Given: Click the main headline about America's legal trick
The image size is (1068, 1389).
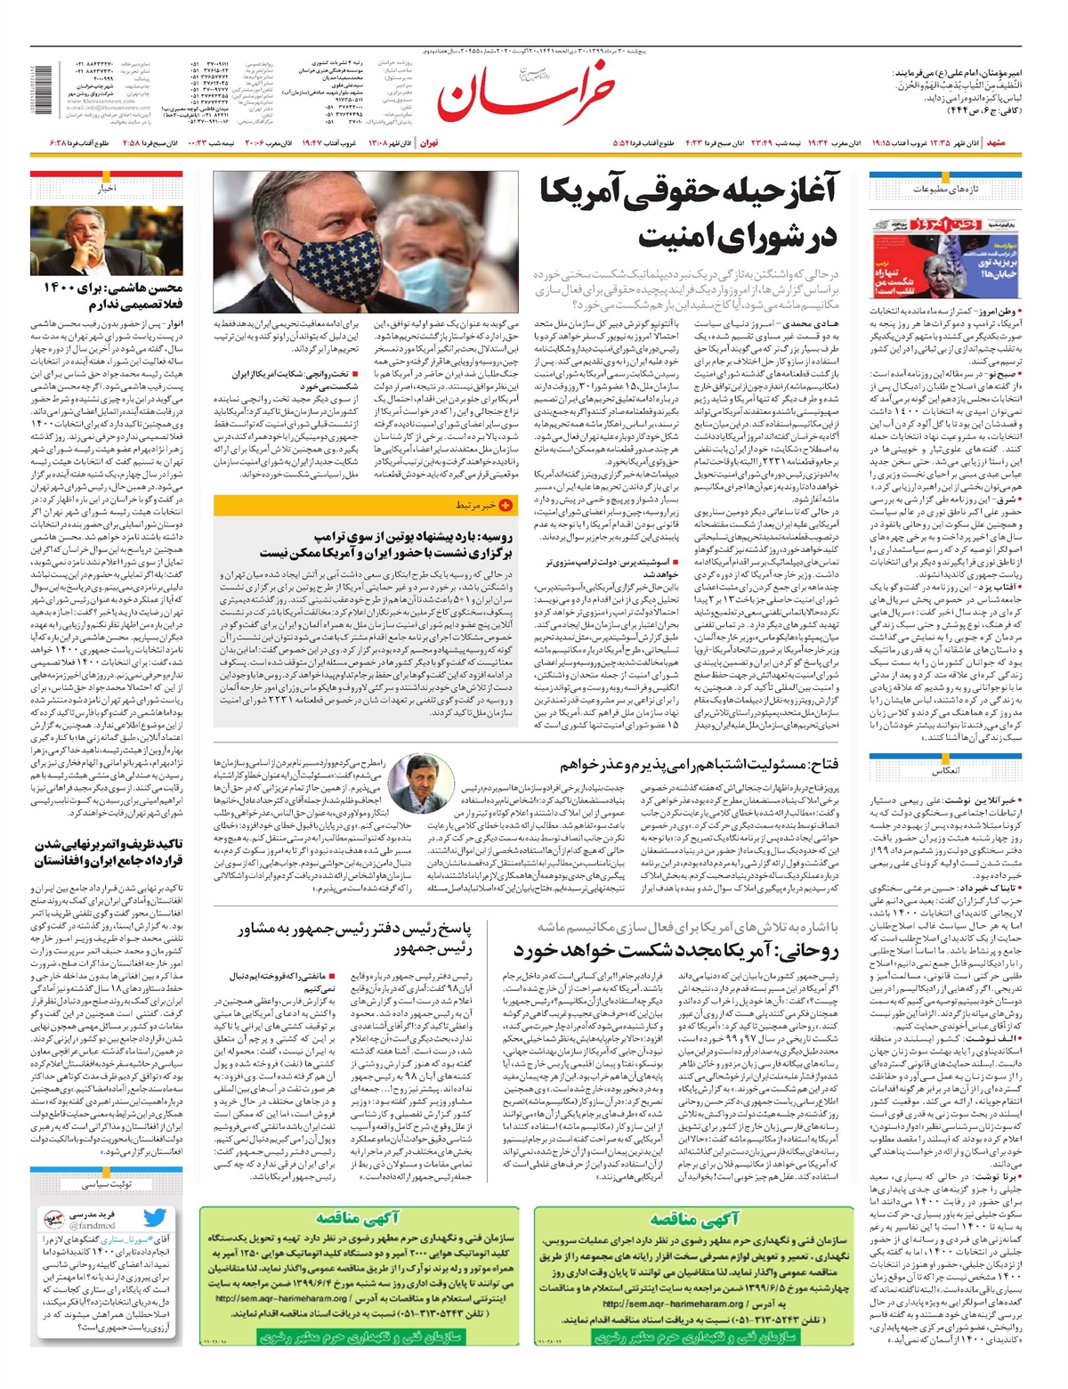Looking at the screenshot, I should (x=690, y=215).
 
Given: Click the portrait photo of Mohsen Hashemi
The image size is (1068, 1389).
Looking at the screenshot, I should (x=107, y=240).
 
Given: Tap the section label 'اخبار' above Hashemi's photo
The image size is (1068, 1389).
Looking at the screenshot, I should (x=107, y=189).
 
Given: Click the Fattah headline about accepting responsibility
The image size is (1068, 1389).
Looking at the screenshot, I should (x=699, y=764).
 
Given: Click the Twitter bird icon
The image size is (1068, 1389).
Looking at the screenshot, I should (x=155, y=1218).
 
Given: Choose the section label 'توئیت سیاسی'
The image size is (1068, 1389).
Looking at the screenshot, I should (x=107, y=1184).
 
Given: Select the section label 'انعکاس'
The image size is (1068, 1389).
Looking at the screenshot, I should (x=946, y=771).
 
